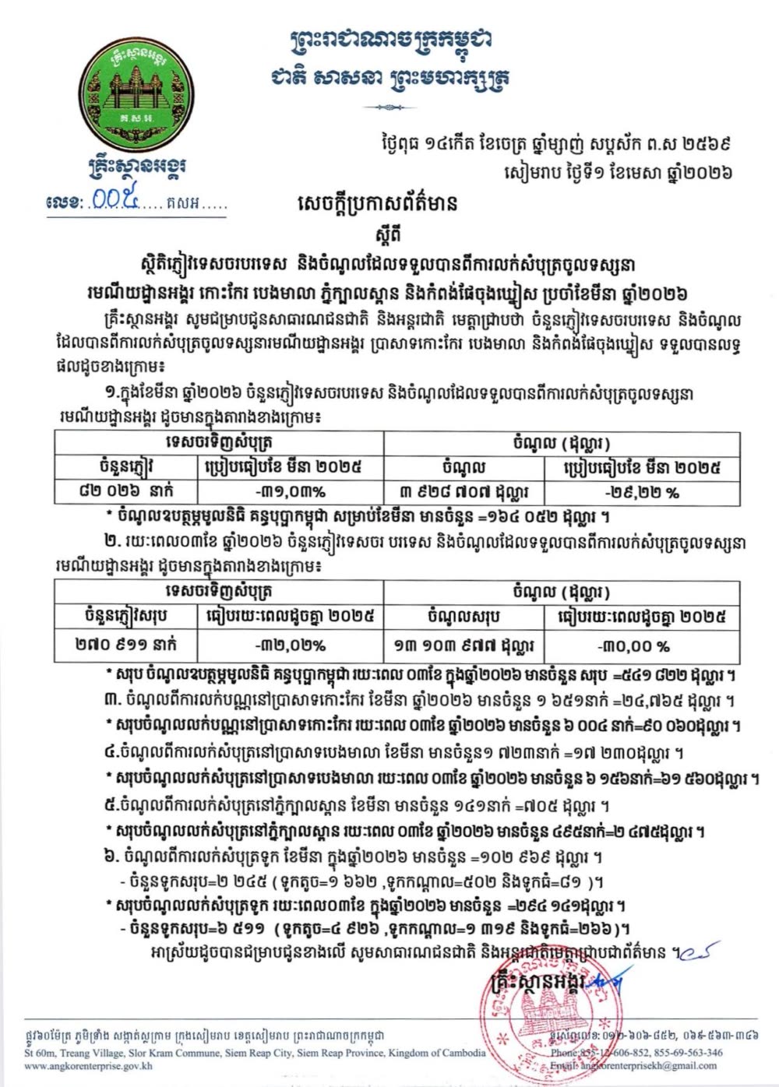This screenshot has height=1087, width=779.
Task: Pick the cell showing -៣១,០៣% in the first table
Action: coord(290,492)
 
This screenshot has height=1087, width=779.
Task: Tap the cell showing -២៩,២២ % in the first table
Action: coord(641,492)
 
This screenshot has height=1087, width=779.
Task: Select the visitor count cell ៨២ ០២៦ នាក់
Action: coord(126,491)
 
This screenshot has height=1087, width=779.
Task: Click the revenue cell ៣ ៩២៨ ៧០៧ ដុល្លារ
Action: coord(464,492)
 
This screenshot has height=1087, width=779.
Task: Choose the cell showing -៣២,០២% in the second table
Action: coord(290,646)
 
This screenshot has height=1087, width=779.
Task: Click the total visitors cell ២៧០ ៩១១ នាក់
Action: coord(126,645)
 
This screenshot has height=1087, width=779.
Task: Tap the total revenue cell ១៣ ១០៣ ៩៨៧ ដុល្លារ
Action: coord(464,646)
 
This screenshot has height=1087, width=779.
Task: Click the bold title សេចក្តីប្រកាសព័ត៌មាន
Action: coord(377,204)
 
